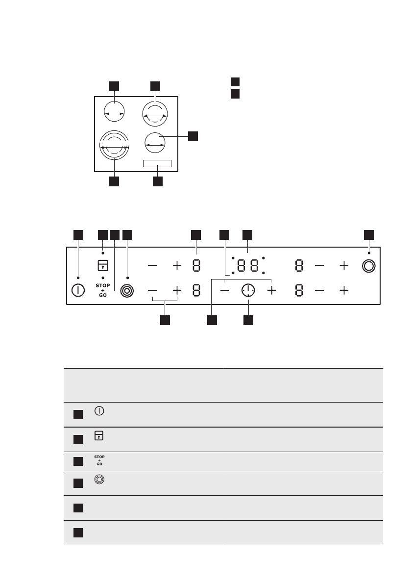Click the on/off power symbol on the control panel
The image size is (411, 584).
coord(78,290)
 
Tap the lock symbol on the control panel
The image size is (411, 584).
coord(102,265)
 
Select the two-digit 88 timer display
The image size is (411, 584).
coord(248,266)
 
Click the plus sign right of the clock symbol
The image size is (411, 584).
coord(271,291)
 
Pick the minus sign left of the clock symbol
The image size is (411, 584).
coord(224,291)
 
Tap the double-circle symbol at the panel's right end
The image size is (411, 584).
coord(369,266)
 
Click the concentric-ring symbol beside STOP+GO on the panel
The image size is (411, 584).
coord(127,290)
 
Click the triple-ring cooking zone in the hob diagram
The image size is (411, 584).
coord(114,146)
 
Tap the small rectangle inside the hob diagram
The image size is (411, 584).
coord(157,164)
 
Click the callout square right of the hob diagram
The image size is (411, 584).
coord(193,136)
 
